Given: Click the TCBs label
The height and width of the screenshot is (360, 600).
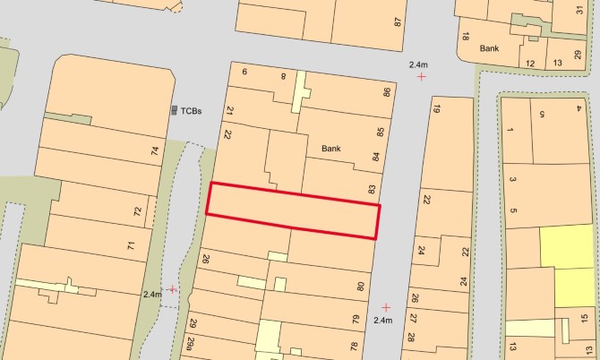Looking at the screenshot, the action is (192, 111).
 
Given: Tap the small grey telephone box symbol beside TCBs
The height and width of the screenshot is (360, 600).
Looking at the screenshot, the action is (175, 110).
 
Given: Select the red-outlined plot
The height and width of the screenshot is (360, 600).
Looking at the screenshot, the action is (293, 210).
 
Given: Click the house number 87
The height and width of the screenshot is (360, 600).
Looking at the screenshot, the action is (398, 21).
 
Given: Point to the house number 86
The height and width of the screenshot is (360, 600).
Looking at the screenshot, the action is (387, 92).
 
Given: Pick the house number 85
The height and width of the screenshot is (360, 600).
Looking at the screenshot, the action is (381, 133).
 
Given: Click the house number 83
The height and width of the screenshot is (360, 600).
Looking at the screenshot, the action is (372, 189).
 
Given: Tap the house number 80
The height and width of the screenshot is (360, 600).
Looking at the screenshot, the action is (362, 287).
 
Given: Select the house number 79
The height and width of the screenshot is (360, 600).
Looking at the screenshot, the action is (356, 319).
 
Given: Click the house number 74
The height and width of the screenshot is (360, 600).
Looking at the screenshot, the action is (155, 151).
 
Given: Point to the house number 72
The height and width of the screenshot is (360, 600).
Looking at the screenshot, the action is (137, 212).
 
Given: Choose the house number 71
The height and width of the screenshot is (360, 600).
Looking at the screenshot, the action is (131, 245).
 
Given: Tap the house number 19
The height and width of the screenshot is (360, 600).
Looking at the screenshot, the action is (437, 109).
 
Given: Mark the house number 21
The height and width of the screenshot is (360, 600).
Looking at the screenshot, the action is (229, 111).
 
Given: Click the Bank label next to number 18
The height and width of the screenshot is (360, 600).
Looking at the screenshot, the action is (489, 48).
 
